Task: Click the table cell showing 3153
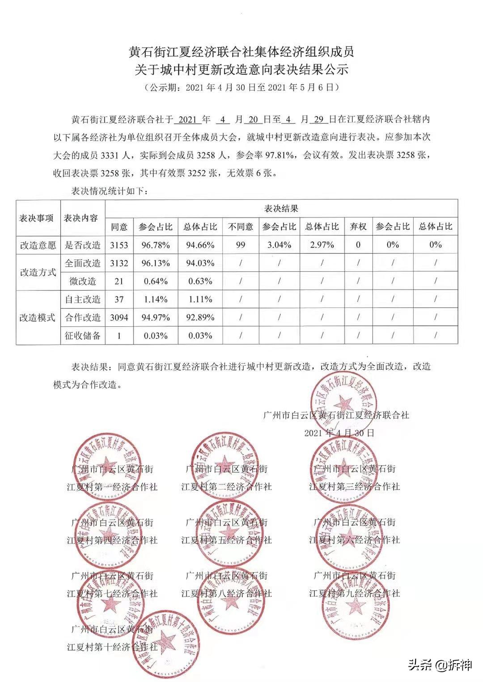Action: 119,245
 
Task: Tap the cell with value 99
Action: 241,245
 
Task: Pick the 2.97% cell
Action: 322,245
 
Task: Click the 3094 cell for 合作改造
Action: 119,317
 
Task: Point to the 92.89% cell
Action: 200,317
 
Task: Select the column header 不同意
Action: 241,227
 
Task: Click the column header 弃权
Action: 358,227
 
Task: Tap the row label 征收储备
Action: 83,336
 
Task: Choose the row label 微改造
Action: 83,281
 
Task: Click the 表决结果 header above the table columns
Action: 281,208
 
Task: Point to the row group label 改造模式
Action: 38,317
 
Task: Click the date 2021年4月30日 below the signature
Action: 339,433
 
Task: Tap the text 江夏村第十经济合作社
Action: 112,647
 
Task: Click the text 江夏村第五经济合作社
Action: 226,540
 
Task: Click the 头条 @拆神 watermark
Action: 440,665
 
